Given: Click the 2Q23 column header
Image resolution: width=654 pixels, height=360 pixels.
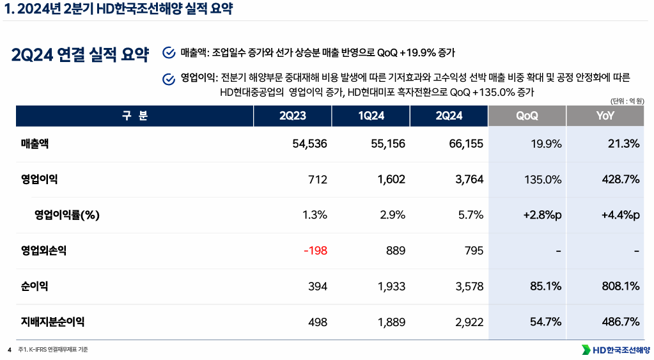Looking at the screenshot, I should (292, 116).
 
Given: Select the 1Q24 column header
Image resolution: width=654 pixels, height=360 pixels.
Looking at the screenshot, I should (371, 116).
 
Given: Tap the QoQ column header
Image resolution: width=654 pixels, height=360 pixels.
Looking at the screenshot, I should (527, 116).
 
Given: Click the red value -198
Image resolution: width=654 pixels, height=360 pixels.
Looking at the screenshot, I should (315, 251).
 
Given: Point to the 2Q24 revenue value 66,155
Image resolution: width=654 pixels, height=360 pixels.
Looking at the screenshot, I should (465, 144).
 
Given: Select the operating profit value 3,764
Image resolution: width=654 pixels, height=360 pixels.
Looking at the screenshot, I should (469, 180).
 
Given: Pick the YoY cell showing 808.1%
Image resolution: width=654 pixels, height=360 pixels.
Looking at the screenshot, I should (620, 286).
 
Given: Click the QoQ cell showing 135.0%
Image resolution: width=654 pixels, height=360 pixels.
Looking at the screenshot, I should (543, 180).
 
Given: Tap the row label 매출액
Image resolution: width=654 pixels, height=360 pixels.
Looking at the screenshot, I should (35, 144).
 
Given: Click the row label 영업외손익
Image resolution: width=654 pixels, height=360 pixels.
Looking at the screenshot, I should (43, 251).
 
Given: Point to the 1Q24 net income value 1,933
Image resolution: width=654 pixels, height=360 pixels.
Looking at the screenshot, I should (391, 286).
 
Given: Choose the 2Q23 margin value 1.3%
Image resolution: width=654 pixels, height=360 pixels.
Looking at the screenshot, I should (315, 215).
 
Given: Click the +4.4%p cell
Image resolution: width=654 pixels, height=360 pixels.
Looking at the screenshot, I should (620, 215).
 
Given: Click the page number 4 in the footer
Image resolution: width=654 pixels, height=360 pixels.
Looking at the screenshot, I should (10, 350).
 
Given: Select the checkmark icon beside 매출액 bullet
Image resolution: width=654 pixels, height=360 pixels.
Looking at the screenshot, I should (169, 52).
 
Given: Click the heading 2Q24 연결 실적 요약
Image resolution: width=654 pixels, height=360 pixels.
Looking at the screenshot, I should (80, 54).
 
